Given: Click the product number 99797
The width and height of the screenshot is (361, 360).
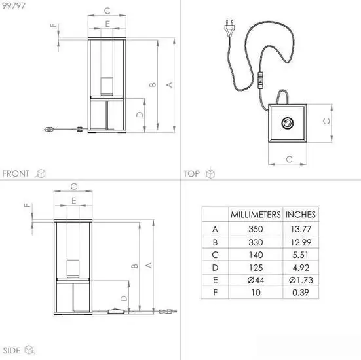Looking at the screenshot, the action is [x=14, y=5].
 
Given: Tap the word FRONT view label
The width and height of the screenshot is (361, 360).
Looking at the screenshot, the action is [x=16, y=173].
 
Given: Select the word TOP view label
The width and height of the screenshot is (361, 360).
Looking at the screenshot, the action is [x=191, y=173].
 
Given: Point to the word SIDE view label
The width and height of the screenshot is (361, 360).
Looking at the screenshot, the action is [x=12, y=351].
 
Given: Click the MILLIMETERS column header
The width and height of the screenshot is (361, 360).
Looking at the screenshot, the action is [x=256, y=215].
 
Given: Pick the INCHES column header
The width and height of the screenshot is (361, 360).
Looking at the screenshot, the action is [x=301, y=215].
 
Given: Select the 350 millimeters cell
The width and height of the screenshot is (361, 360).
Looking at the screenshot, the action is [x=256, y=229].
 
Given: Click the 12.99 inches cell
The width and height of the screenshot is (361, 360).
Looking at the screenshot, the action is [x=301, y=242].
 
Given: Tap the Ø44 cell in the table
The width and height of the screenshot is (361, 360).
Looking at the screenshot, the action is [x=256, y=280].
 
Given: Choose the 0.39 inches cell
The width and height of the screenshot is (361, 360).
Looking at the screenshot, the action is [x=301, y=293].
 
